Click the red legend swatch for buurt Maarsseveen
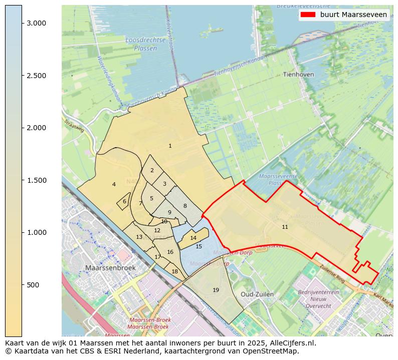pos(307,15)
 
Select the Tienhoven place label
pos(298,75)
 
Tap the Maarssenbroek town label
pos(110,268)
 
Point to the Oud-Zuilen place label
pos(257,294)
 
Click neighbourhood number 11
pos(285,227)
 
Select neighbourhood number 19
pos(216,290)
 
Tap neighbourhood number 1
pos(170,146)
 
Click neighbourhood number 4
pos(114,184)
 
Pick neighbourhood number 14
pos(193,238)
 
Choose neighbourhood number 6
pos(124,201)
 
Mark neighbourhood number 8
pos(184,206)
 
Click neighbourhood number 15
pos(198,246)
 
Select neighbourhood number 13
pos(139,237)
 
